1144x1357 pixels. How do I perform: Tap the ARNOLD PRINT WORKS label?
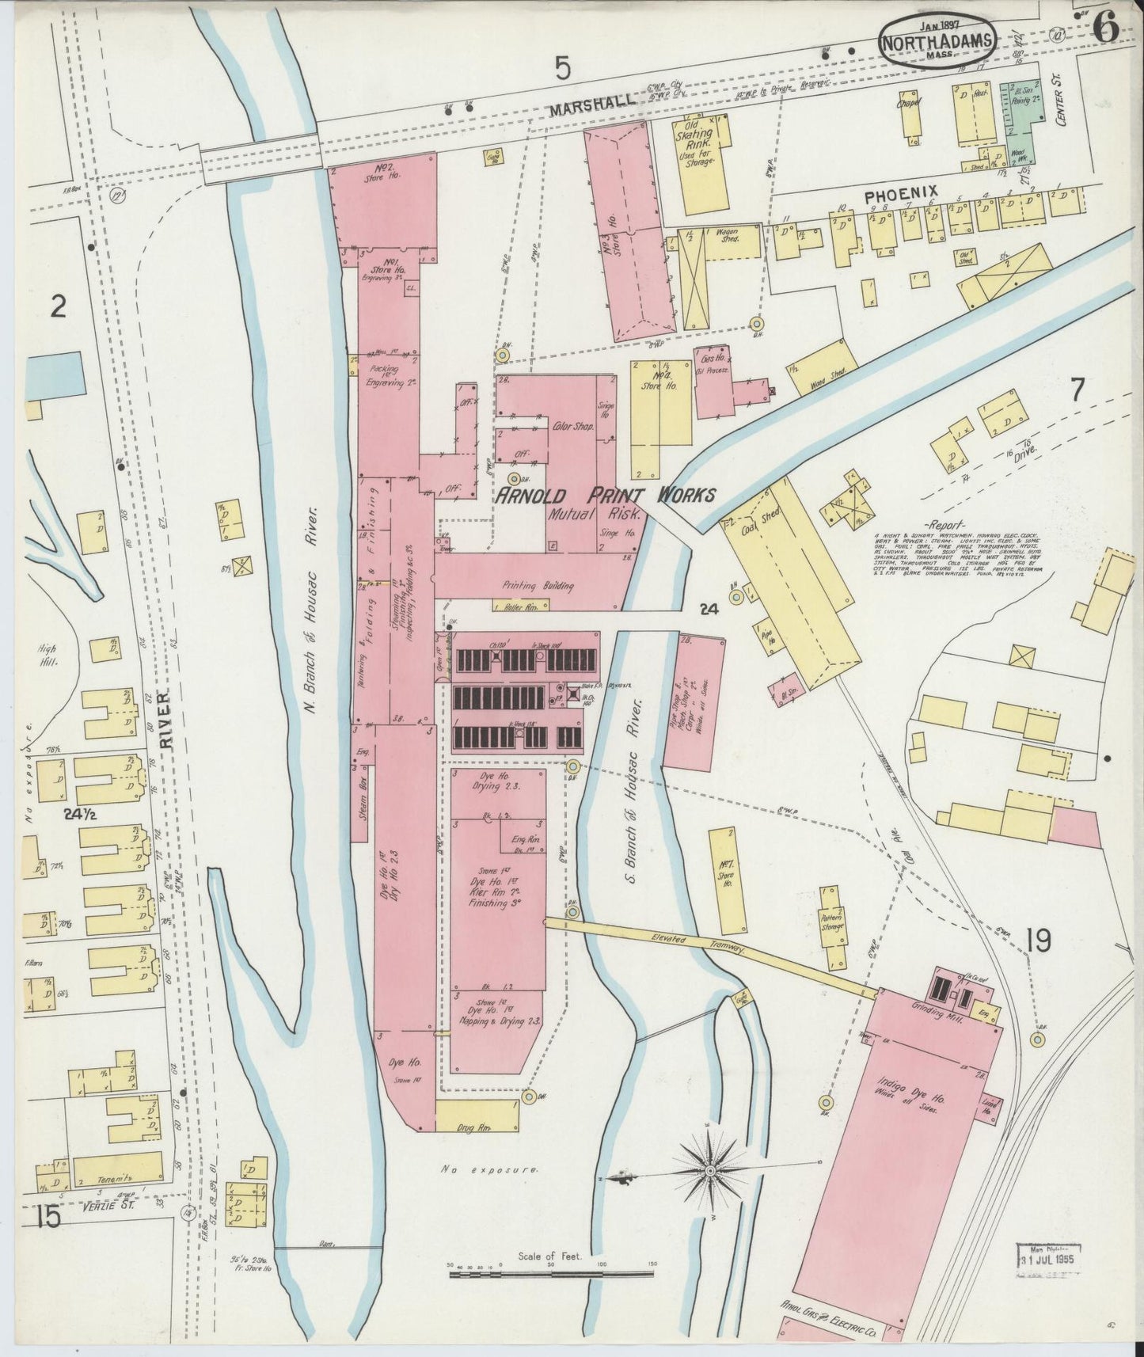tap(606, 496)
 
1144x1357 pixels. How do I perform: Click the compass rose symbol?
tap(710, 1170)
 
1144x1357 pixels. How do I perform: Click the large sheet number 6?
tap(1106, 30)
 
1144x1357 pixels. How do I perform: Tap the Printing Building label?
tap(538, 586)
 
